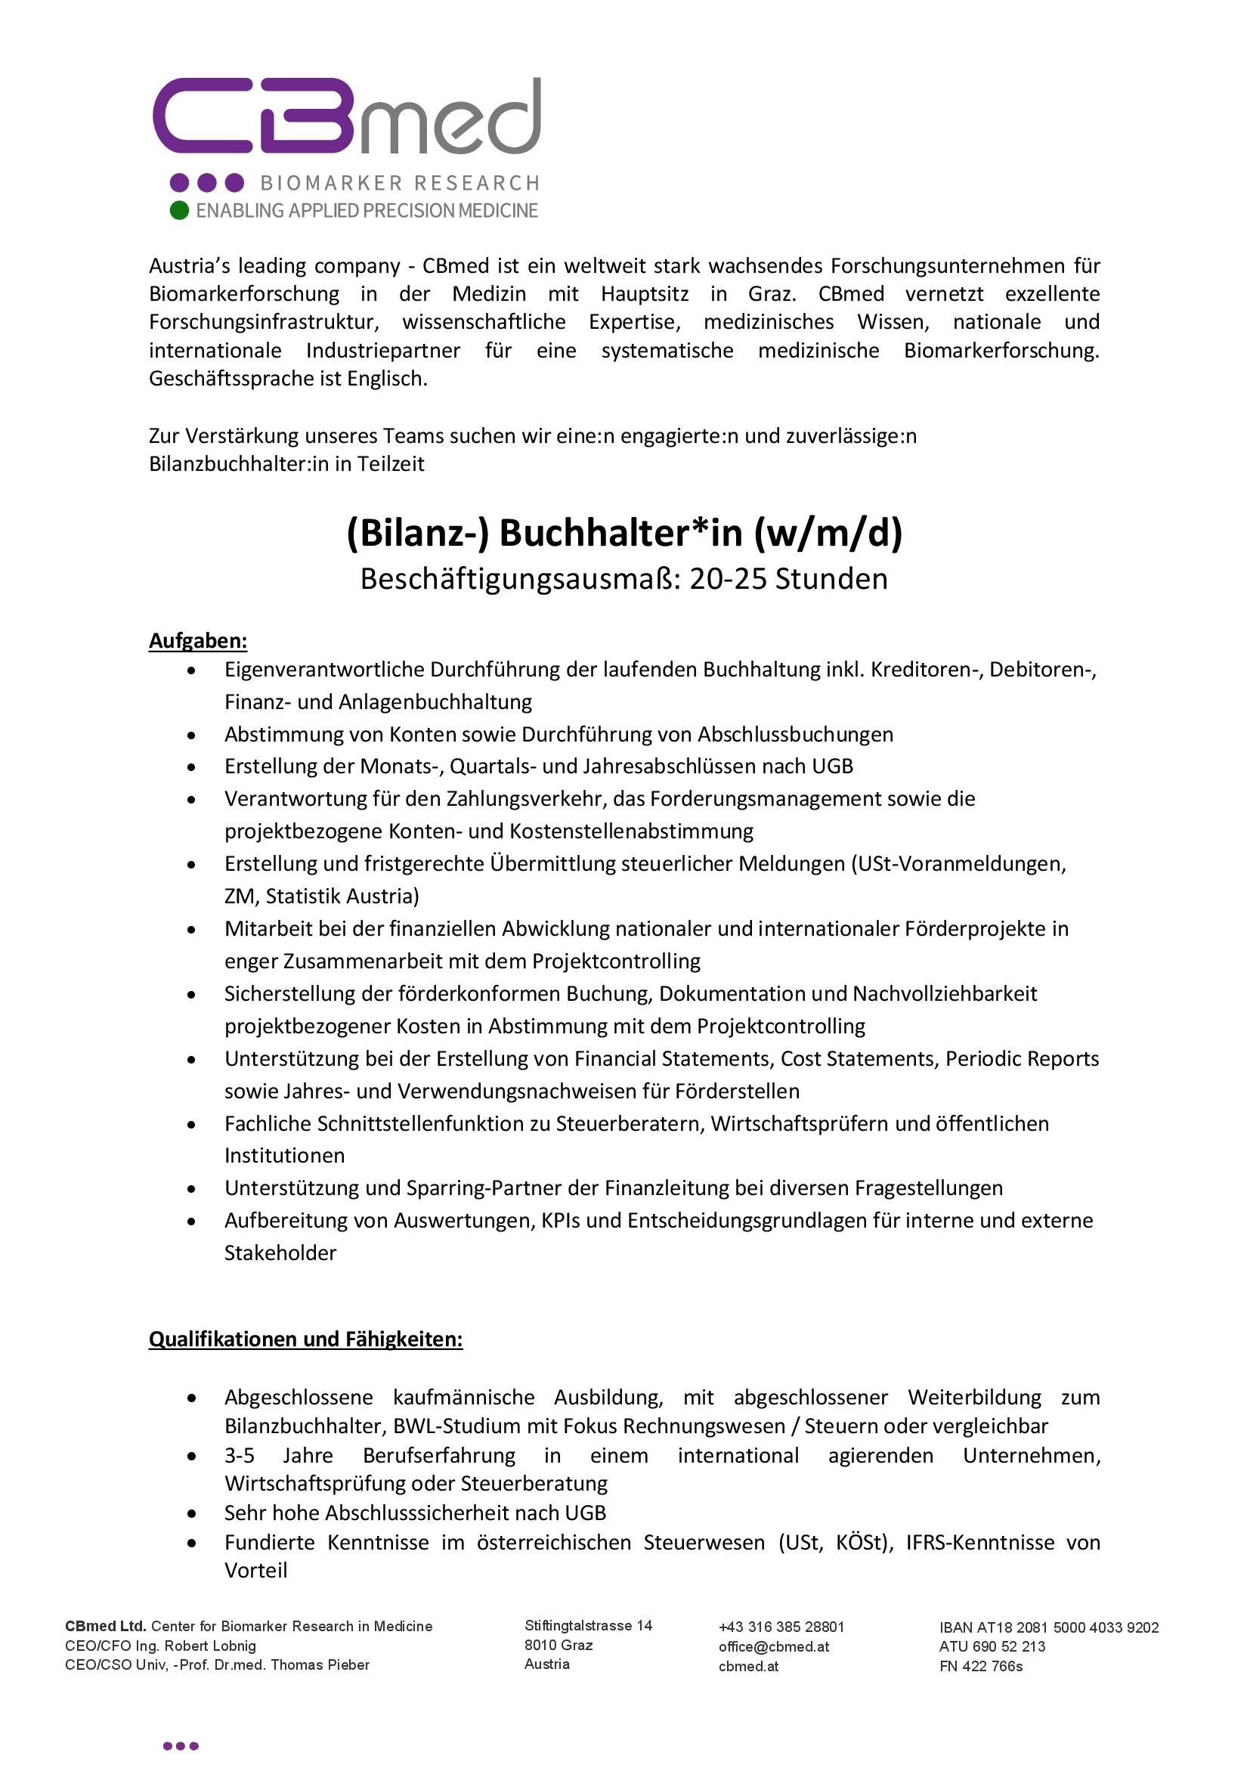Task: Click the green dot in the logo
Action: (179, 210)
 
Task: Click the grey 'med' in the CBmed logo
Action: (451, 119)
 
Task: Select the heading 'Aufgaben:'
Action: (198, 641)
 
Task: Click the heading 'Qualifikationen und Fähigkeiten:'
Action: (305, 1339)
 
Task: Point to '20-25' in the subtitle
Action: (728, 579)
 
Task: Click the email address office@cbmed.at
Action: (774, 1647)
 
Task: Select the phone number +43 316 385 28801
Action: (781, 1627)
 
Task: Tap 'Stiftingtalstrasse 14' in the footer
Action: (588, 1626)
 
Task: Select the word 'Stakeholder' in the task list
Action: (280, 1252)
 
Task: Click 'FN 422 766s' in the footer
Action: (981, 1667)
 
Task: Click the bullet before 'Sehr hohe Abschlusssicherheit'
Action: (192, 1514)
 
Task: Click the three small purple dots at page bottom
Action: (181, 1746)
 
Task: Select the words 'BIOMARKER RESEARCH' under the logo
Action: (401, 183)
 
